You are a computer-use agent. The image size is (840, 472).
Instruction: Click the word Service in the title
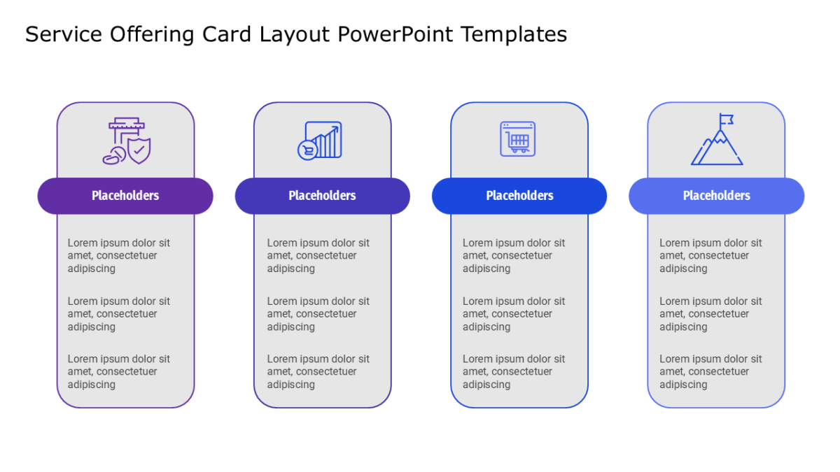(x=64, y=34)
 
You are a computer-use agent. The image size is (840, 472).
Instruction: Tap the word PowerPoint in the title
(x=395, y=34)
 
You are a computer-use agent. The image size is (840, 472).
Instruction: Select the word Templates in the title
(x=514, y=35)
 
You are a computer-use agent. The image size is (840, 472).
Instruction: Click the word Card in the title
(x=227, y=34)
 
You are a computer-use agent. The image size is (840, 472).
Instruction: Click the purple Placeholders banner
(x=125, y=196)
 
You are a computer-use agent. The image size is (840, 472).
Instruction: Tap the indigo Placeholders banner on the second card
(x=323, y=196)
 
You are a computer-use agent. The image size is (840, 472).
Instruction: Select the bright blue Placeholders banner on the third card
(x=519, y=196)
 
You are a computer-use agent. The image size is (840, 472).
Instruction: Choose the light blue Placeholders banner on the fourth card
(x=717, y=196)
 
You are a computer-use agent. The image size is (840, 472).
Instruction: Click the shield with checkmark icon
(x=139, y=150)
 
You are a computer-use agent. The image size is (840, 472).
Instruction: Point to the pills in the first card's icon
(x=114, y=156)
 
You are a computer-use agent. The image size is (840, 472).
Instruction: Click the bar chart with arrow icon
(x=323, y=139)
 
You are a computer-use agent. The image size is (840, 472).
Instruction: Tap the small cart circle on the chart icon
(x=307, y=150)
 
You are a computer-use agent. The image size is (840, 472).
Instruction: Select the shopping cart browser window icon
(x=517, y=139)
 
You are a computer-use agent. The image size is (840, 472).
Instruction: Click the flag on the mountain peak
(x=727, y=120)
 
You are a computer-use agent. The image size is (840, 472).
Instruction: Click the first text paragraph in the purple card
(x=118, y=255)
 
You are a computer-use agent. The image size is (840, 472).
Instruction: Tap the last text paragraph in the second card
(x=318, y=371)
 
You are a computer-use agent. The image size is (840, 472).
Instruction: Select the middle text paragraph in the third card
(x=513, y=314)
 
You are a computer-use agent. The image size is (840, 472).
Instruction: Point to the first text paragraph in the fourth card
(x=710, y=255)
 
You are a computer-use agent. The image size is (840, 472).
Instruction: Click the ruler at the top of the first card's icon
(x=127, y=123)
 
